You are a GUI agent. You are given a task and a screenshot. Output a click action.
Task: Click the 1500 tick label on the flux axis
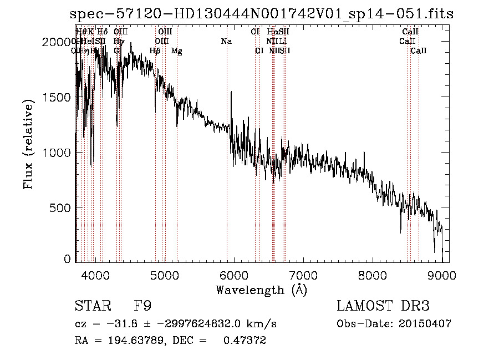pyautogui.click(x=59, y=97)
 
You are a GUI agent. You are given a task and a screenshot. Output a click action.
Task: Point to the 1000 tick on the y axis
pyautogui.click(x=59, y=152)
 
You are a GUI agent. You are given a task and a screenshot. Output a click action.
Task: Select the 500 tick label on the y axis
pyautogui.click(x=62, y=207)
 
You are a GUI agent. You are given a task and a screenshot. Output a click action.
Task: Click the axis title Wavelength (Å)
pyautogui.click(x=261, y=290)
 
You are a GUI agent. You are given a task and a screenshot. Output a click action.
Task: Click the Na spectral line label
pyautogui.click(x=226, y=41)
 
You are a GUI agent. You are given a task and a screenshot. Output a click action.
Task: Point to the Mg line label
pyautogui.click(x=177, y=51)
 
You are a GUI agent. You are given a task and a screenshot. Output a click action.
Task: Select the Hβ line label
pyautogui.click(x=155, y=51)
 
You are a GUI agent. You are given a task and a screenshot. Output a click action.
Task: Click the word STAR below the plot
pyautogui.click(x=92, y=306)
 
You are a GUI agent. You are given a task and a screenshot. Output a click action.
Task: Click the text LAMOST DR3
pyautogui.click(x=383, y=306)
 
